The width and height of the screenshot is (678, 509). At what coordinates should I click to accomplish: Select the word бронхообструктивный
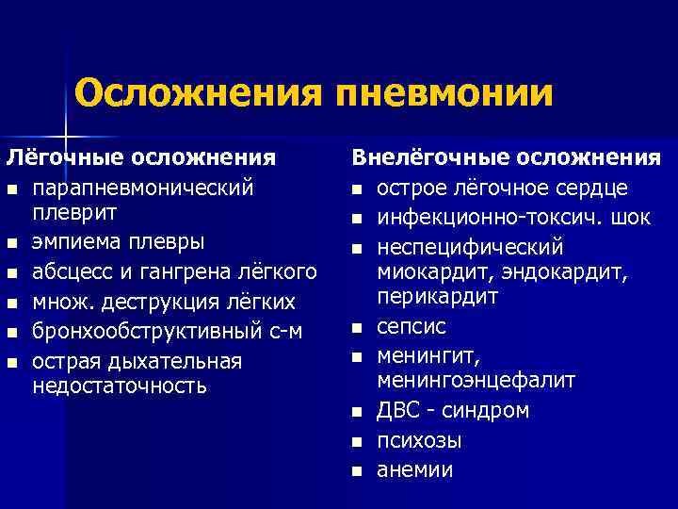136,332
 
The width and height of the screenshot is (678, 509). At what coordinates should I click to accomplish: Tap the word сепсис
412,327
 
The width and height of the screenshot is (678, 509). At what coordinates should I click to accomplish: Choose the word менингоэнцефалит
476,380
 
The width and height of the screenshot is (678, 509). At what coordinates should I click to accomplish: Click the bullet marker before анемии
358,470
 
